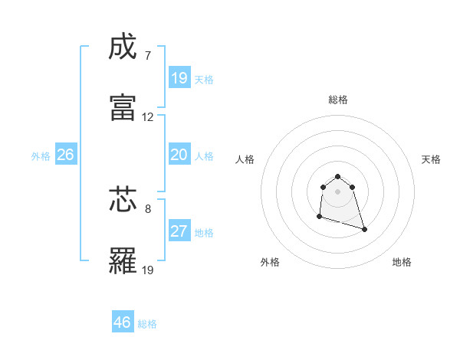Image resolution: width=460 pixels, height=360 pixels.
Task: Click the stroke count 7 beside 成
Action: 148,56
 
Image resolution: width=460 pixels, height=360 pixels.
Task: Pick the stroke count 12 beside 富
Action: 148,117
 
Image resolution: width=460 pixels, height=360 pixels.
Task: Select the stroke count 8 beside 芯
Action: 148,208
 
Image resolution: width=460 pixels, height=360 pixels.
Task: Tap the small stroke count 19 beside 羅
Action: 148,270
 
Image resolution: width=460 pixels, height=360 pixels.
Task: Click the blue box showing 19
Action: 179,78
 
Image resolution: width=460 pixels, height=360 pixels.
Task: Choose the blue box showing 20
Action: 179,155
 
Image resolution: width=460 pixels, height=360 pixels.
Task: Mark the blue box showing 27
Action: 179,231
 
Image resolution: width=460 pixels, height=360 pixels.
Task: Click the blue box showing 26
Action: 66,155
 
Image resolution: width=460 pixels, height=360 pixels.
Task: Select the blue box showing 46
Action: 123,322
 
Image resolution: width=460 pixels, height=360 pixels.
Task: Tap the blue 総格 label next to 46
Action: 147,324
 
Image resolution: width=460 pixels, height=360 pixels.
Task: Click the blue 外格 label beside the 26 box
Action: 41,156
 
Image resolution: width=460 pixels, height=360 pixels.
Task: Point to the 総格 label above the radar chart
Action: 338,100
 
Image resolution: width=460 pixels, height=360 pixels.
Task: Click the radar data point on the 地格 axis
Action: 364,229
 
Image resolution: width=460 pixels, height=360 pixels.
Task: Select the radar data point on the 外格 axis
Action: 319,217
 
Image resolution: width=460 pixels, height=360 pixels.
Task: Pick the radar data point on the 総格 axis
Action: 338,175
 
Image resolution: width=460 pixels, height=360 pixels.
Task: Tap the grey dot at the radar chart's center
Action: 338,191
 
